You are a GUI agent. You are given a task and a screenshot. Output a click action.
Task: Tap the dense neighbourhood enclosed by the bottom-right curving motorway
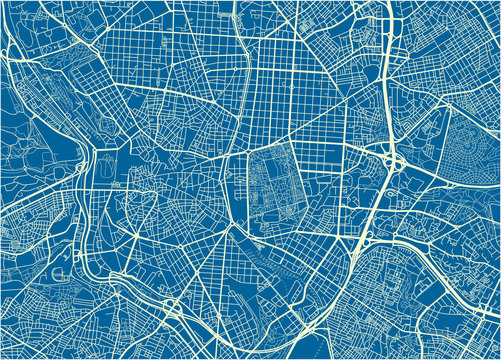(x=440, y=290)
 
